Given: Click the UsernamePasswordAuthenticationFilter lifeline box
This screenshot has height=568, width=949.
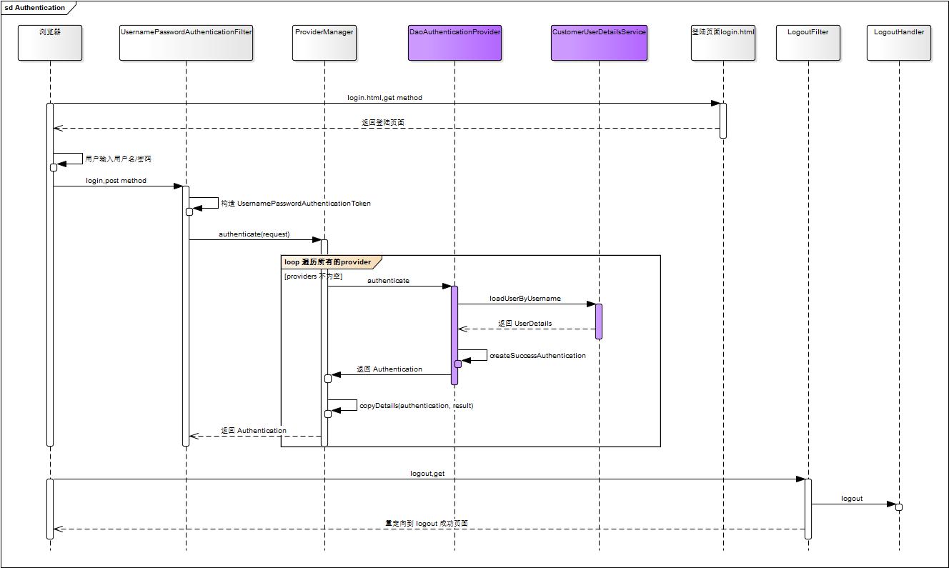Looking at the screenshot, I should (186, 43).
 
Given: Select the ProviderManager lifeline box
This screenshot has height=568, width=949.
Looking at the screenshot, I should (324, 43).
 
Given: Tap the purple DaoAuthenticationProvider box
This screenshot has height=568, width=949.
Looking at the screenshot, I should (454, 43).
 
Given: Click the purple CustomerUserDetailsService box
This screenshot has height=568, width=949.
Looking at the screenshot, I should (599, 43).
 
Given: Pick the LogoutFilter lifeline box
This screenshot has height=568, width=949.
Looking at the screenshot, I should (808, 43).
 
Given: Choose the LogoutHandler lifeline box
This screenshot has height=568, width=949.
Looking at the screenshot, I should (899, 43).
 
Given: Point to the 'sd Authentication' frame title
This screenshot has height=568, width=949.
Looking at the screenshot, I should (35, 8).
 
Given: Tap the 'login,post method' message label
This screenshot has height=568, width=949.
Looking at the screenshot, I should (116, 181).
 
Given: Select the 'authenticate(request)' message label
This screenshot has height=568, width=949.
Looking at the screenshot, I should (254, 234).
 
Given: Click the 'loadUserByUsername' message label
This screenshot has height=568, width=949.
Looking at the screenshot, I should (525, 299).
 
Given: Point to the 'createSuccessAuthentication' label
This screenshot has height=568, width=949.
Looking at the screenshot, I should (537, 356).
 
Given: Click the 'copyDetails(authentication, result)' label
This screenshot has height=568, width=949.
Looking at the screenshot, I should (416, 406).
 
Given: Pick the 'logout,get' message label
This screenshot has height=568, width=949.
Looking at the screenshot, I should (427, 474).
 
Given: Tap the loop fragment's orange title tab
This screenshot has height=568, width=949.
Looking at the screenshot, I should (329, 262).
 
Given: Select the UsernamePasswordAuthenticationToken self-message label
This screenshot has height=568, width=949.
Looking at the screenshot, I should (295, 204).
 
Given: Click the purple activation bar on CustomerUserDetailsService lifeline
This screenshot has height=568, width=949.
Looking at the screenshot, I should (599, 321).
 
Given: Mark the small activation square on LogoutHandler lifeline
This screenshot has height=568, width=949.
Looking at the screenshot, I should (899, 507).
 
